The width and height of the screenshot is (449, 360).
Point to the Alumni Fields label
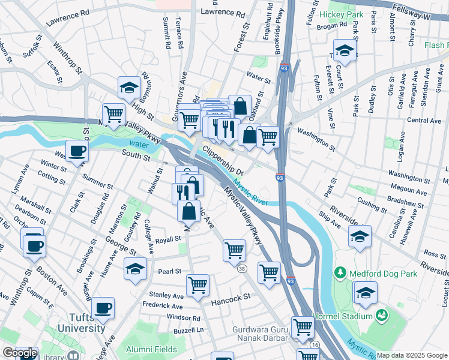click(151, 349)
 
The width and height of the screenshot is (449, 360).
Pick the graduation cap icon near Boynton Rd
click(128, 88)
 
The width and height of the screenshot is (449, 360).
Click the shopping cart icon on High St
click(113, 113)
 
